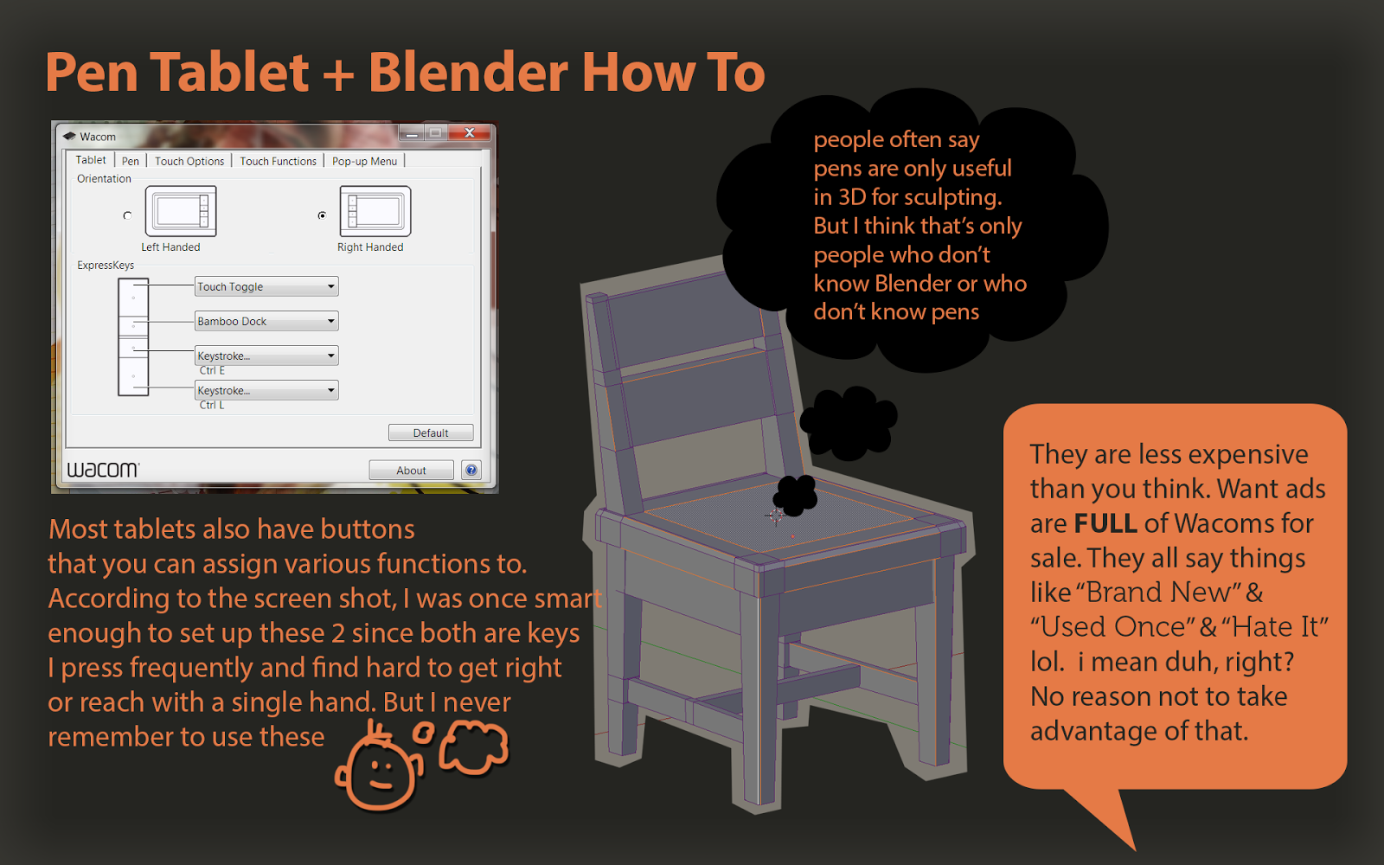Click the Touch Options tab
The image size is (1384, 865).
click(x=189, y=161)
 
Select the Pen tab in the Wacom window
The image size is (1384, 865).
click(x=131, y=161)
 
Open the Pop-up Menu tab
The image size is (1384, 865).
click(x=364, y=161)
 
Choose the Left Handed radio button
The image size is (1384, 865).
click(x=127, y=215)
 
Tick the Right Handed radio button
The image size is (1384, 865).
click(x=322, y=215)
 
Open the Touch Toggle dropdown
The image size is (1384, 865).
click(x=266, y=286)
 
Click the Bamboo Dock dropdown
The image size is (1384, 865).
click(x=266, y=321)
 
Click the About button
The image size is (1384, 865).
click(x=411, y=470)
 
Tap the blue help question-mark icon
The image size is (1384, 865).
click(x=471, y=470)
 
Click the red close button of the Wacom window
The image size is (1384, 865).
click(x=470, y=132)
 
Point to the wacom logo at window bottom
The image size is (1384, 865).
click(x=103, y=469)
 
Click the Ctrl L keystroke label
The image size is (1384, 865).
click(x=212, y=405)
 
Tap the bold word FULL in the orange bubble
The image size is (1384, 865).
click(x=1105, y=523)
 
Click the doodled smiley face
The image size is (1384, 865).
click(x=379, y=768)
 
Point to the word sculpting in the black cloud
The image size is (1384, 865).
click(x=951, y=197)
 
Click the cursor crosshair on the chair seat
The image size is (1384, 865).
click(x=774, y=516)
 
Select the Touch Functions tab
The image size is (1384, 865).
click(x=279, y=161)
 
